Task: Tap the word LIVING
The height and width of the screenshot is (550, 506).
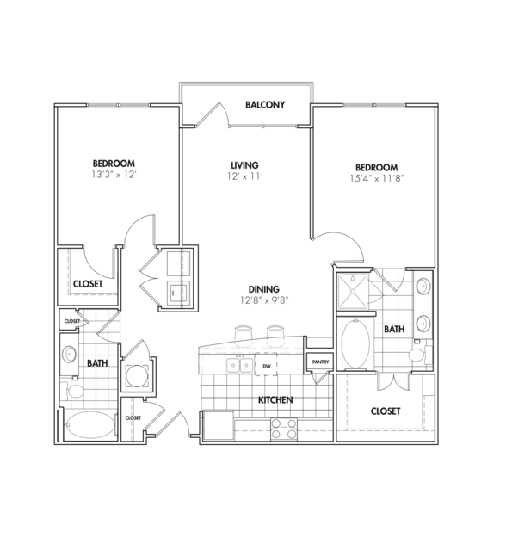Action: pos(244,164)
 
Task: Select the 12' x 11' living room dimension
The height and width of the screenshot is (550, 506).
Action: pos(244,176)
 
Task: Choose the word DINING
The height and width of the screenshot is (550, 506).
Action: pos(264,289)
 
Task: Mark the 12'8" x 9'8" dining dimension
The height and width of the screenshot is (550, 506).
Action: pos(264,301)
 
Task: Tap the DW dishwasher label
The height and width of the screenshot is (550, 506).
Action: pos(267,366)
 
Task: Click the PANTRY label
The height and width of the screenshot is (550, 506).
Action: pos(320,362)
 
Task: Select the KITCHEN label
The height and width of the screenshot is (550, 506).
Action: pos(275,400)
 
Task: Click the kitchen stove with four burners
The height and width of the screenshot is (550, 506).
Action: pos(284,428)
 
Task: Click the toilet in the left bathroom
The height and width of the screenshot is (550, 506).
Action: pos(75,392)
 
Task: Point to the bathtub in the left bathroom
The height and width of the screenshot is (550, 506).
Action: pos(89,426)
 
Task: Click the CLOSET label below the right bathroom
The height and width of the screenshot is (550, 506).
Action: pos(385,411)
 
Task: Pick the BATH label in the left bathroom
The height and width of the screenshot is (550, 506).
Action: pos(96,363)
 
